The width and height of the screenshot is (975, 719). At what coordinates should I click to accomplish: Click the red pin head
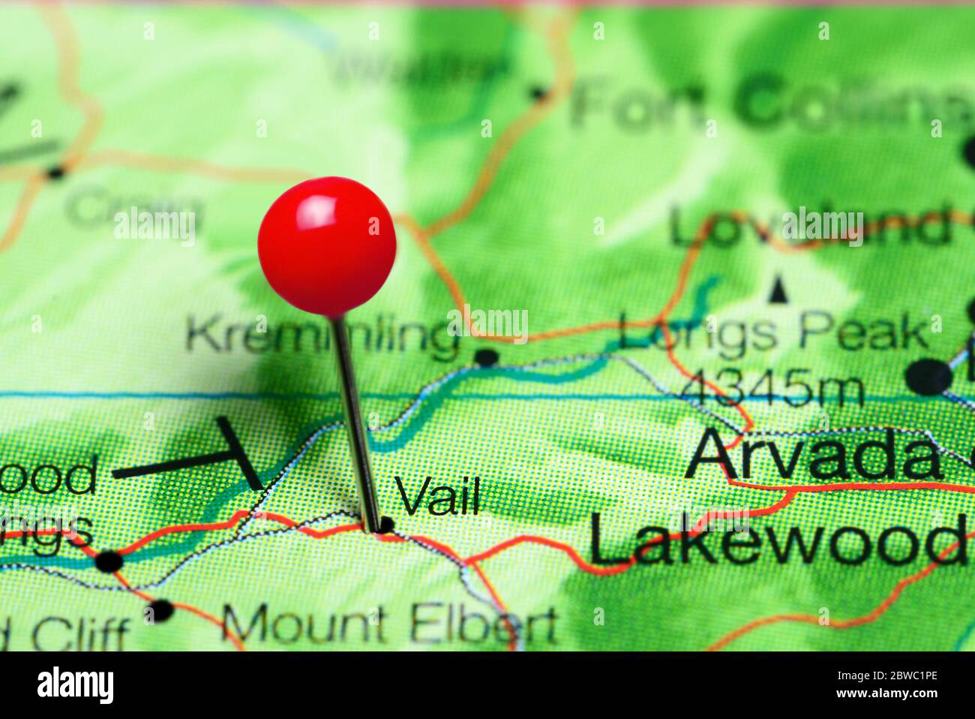pyautogui.click(x=326, y=245)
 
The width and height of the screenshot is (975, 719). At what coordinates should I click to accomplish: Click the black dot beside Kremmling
pyautogui.click(x=486, y=357)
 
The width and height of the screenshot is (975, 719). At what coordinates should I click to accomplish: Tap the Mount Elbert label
pyautogui.click(x=390, y=624)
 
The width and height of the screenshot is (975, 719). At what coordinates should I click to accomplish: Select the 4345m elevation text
pyautogui.click(x=772, y=390)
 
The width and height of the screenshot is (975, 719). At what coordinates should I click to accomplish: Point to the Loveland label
pyautogui.click(x=810, y=227)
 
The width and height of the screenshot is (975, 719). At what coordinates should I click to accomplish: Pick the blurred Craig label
pyautogui.click(x=135, y=209)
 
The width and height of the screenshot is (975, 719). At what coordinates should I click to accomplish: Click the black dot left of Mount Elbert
pyautogui.click(x=160, y=610)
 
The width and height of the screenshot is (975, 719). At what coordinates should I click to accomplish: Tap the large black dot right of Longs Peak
pyautogui.click(x=928, y=377)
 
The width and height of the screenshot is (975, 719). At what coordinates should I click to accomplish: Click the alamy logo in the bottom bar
pyautogui.click(x=75, y=685)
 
